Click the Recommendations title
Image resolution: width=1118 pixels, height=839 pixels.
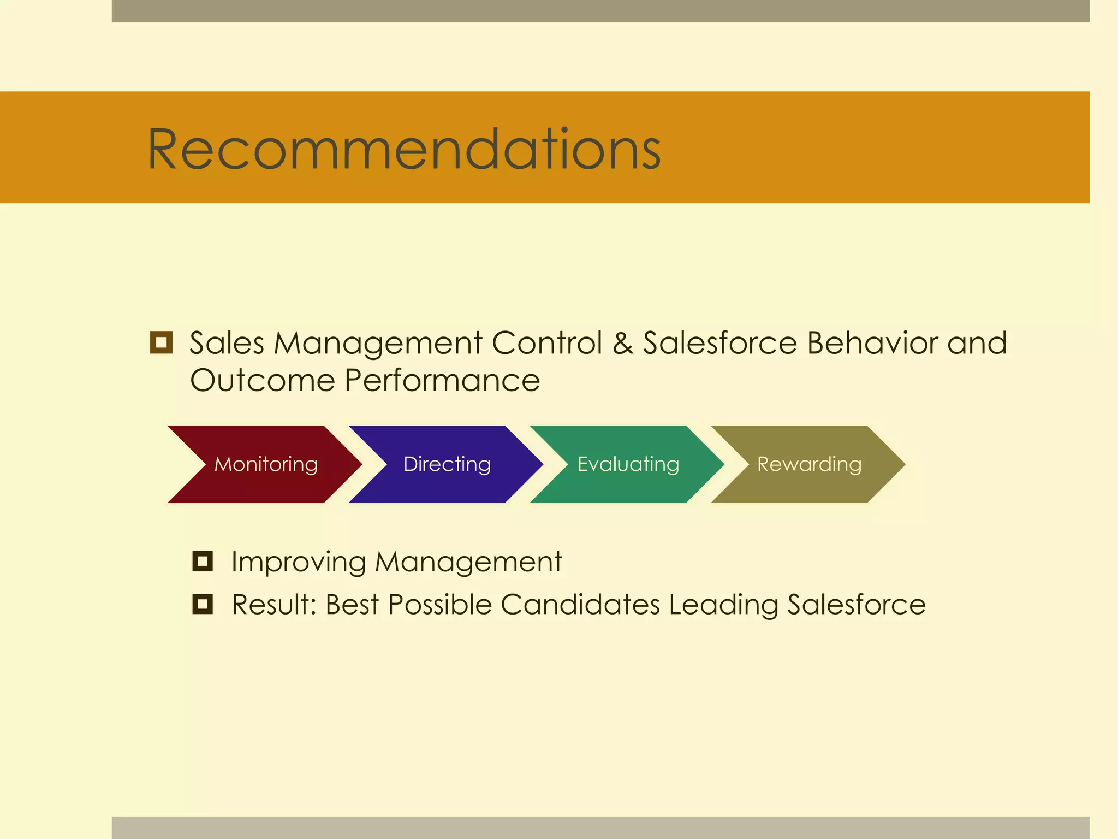pos(404,149)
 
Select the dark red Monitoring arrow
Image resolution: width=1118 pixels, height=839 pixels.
pos(265,464)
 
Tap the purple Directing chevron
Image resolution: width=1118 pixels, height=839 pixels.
pos(447,464)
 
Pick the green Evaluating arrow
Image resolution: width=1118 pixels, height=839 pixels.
pos(628,464)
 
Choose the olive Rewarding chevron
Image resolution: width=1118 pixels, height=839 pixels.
pos(809,464)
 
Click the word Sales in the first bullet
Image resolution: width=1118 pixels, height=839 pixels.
pos(227,343)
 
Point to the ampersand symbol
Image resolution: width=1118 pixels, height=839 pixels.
pos(623,343)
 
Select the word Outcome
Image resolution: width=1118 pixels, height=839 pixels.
pos(262,380)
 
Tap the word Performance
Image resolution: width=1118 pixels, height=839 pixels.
pos(442,380)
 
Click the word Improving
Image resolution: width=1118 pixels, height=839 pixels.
pos(298,562)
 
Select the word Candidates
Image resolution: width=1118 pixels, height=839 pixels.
pos(580,605)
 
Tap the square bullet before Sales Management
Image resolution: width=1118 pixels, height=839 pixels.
pos(161,342)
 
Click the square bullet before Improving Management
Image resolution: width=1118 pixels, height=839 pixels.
pos(203,561)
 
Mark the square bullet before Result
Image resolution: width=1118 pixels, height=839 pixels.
pos(203,604)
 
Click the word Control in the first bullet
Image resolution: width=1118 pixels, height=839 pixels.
pos(547,343)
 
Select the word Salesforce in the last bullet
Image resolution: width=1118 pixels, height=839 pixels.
pos(856,605)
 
